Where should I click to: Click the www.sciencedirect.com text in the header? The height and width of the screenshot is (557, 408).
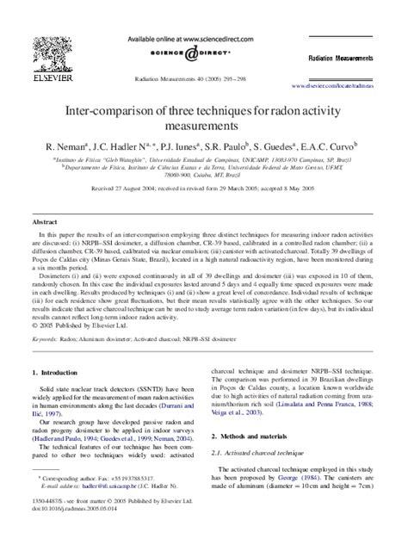204,40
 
